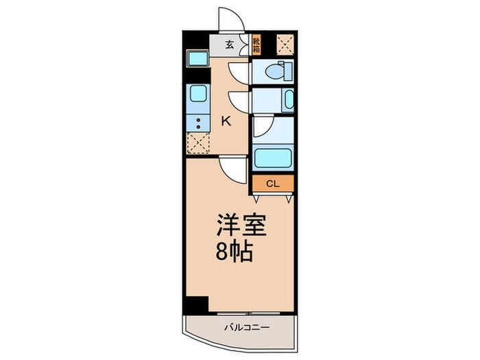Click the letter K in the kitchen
pyautogui.click(x=224, y=121)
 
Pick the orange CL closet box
pyautogui.click(x=272, y=183)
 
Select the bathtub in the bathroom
pyautogui.click(x=274, y=158)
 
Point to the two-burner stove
pyautogui.click(x=197, y=123)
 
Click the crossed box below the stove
pyautogui.click(x=197, y=145)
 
